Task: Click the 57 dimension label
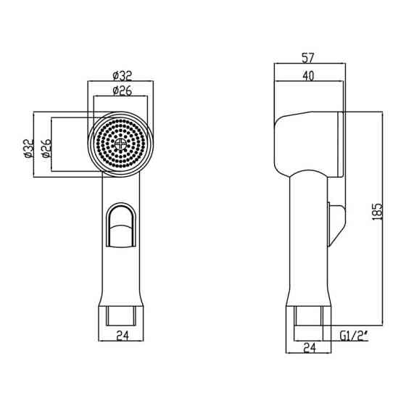(308, 58)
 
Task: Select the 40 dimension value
(308, 76)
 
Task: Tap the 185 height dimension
(378, 212)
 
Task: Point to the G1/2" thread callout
(354, 336)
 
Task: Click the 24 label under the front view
(123, 336)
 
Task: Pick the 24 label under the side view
(310, 348)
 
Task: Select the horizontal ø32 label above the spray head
(123, 76)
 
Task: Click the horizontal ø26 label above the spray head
(123, 91)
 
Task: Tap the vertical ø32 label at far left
(28, 148)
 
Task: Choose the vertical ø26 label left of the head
(46, 148)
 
